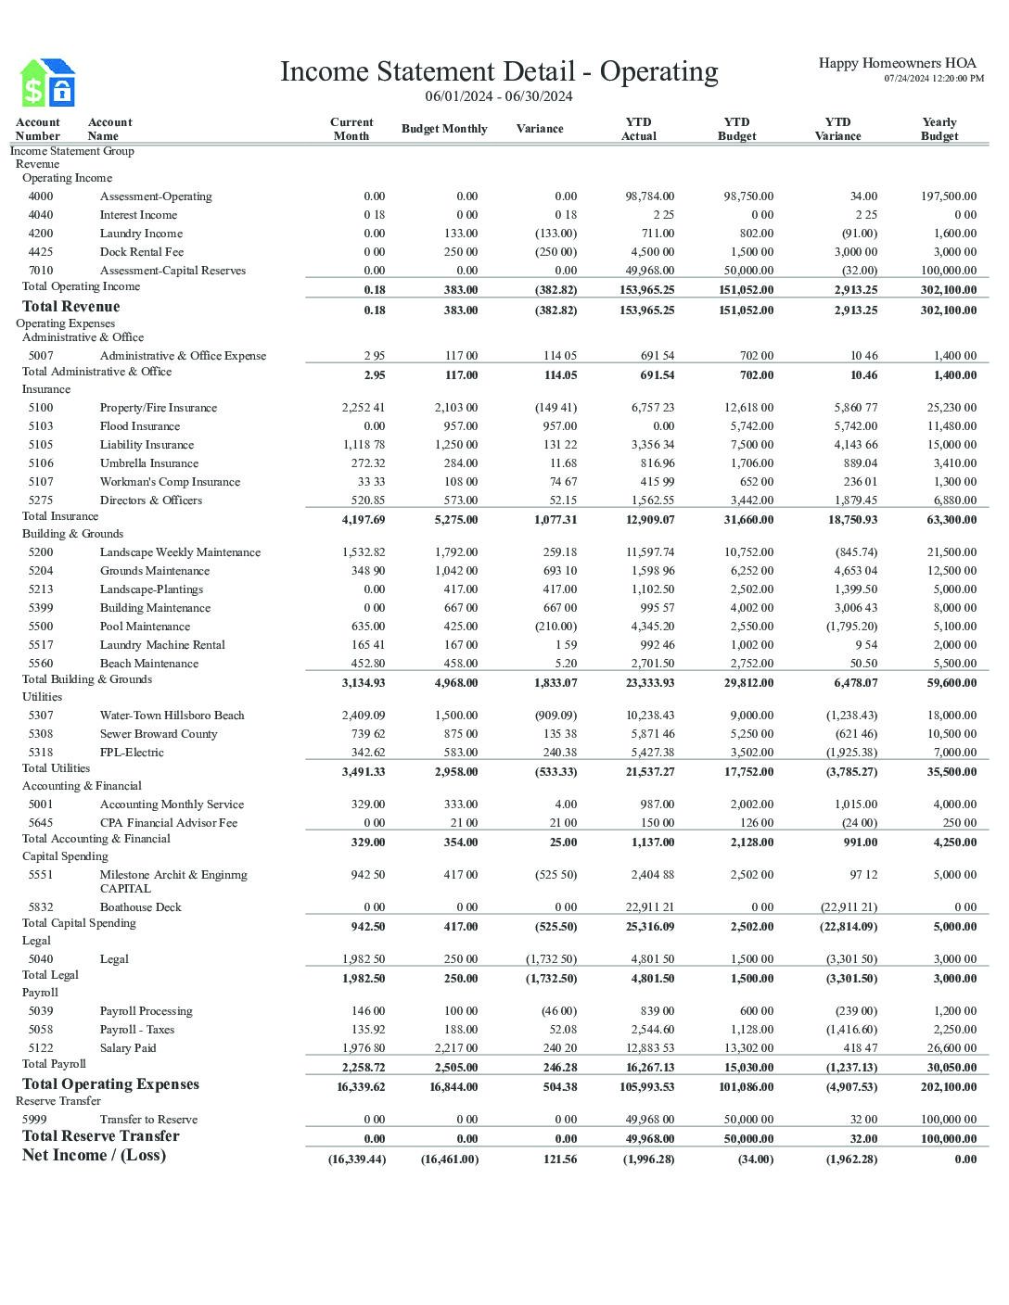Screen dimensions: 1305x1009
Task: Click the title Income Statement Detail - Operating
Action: tap(499, 71)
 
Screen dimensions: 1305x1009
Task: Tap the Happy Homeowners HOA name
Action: tap(897, 63)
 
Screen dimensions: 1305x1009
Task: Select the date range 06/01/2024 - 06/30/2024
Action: tap(499, 96)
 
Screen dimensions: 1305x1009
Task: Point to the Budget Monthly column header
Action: tap(443, 129)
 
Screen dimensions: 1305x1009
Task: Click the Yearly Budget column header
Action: tap(939, 129)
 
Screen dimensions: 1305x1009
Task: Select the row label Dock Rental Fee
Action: tap(141, 252)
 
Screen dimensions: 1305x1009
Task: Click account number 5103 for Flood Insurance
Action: tap(41, 426)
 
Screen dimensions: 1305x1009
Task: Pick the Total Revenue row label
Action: tap(70, 307)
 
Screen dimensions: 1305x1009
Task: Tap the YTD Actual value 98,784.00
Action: tap(649, 196)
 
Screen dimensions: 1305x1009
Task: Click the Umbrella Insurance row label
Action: tap(148, 463)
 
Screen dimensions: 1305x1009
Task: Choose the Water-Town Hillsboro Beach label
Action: tap(172, 716)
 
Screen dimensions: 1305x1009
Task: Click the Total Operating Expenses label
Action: tap(110, 1084)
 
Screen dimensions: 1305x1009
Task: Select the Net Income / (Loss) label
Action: tap(94, 1155)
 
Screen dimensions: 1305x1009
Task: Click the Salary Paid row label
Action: tap(128, 1048)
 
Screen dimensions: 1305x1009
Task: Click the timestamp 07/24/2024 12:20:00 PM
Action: tap(933, 79)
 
